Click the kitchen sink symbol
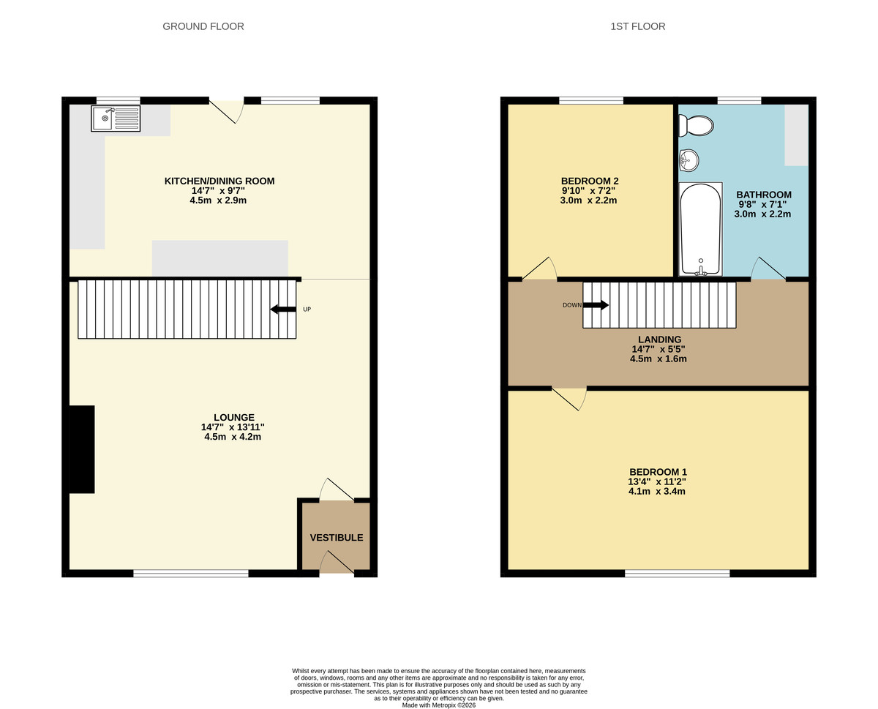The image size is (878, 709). pyautogui.click(x=116, y=119)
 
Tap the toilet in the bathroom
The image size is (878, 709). pyautogui.click(x=695, y=126)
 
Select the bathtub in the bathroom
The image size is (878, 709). pyautogui.click(x=701, y=229)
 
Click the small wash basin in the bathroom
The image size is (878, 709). pyautogui.click(x=687, y=159)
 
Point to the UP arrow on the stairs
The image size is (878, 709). pyautogui.click(x=283, y=310)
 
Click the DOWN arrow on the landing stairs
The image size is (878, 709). pyautogui.click(x=595, y=305)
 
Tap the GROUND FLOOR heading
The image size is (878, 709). pyautogui.click(x=203, y=26)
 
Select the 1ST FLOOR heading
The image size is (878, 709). pyautogui.click(x=637, y=26)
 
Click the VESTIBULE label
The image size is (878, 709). pyautogui.click(x=336, y=538)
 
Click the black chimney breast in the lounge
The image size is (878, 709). pyautogui.click(x=82, y=449)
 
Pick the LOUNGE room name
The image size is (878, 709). pyautogui.click(x=234, y=418)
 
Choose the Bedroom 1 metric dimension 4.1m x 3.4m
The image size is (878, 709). pyautogui.click(x=657, y=492)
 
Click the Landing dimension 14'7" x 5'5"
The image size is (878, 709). pyautogui.click(x=659, y=349)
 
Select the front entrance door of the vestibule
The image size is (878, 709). pyautogui.click(x=336, y=563)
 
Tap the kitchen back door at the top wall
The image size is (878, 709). pyautogui.click(x=228, y=110)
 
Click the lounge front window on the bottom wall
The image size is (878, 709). pyautogui.click(x=191, y=574)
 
